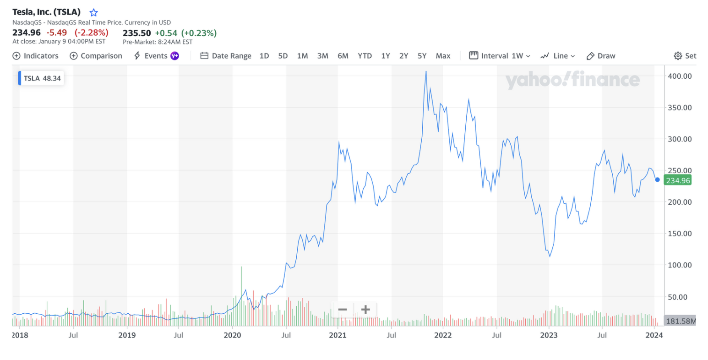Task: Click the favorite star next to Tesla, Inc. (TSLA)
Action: pos(93,13)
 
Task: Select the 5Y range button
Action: pos(422,56)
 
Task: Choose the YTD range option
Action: pos(365,56)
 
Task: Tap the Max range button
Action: pos(443,56)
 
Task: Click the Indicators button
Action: pos(36,56)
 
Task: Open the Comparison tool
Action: pos(96,56)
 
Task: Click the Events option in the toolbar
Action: pos(156,56)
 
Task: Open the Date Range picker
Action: pos(226,56)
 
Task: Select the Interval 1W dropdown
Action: pos(500,56)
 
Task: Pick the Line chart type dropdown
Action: pos(557,56)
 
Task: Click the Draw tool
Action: pos(601,56)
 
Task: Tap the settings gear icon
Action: pos(678,56)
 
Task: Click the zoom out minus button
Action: pos(343,310)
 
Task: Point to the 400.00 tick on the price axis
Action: pos(680,76)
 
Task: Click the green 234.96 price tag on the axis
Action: pos(678,180)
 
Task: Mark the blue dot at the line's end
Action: pos(658,180)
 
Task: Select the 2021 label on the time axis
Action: pos(338,335)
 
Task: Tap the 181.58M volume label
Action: pos(680,321)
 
